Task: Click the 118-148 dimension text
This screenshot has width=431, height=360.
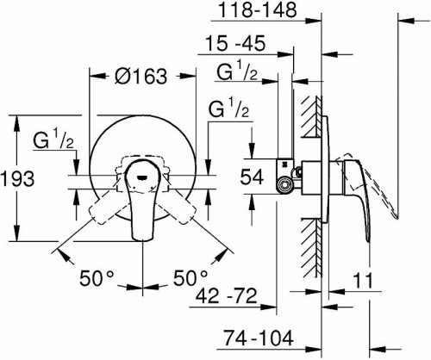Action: point(257,11)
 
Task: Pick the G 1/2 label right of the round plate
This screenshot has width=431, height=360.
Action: point(229,109)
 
